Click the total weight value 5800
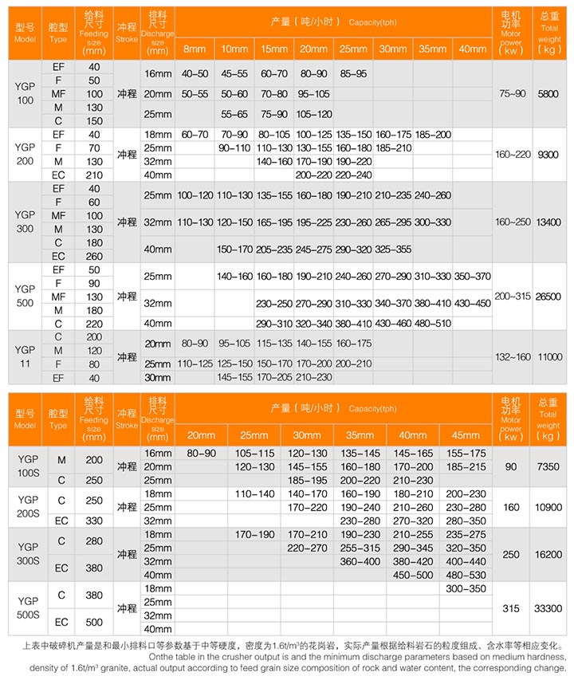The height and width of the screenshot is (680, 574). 549,93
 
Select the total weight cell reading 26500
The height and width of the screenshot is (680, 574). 549,296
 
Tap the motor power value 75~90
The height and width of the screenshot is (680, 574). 512,93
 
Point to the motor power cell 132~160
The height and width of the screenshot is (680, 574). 512,357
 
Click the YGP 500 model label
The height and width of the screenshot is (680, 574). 25,296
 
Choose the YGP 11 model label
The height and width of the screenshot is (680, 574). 25,357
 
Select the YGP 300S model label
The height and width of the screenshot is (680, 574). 25,554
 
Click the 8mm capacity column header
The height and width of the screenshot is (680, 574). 194,49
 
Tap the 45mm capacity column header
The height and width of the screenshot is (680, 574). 466,435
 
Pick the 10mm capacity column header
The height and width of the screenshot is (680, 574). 234,49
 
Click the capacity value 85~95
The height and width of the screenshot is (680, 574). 353,74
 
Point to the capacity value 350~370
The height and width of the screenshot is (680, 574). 473,276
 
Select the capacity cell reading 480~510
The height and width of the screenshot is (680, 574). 433,323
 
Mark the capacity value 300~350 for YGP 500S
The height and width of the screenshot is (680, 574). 466,588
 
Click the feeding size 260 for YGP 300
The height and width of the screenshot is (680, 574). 94,256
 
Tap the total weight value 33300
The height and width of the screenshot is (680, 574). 549,608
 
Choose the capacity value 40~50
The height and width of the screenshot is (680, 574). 195,74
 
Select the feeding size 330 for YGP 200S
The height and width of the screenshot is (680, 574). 94,521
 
